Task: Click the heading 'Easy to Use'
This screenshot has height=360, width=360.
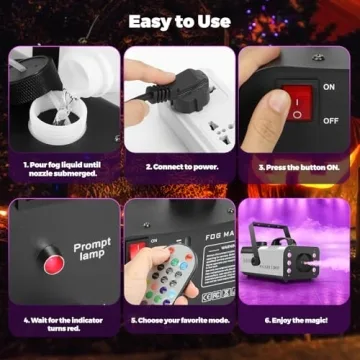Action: [179, 20]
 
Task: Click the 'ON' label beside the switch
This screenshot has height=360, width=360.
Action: [329, 87]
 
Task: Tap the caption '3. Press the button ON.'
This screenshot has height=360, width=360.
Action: [296, 166]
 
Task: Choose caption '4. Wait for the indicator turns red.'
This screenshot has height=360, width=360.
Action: [59, 327]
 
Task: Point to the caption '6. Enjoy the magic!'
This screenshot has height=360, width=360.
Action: [296, 323]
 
